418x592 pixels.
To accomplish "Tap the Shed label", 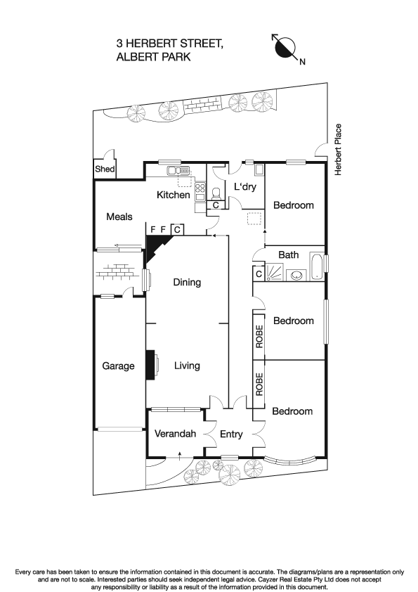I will point(105,169).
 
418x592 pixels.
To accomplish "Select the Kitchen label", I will point(173,195).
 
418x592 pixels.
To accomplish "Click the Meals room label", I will point(119,217).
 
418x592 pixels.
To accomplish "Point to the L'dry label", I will point(245,187).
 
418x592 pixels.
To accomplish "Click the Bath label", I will point(289,255).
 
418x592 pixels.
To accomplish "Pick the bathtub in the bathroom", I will point(316,267).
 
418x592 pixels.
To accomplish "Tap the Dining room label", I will point(187,283).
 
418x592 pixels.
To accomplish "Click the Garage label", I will point(118,366).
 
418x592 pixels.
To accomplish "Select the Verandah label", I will point(175,434).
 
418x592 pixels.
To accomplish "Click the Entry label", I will point(231,435).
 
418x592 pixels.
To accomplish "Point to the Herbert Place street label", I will point(338,150).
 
